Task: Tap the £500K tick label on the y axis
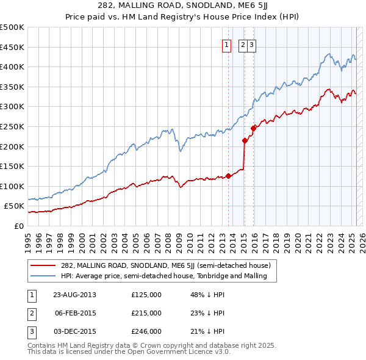(12, 27)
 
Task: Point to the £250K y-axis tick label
(12, 126)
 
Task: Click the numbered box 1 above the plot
(226, 44)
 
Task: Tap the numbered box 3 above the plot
(251, 44)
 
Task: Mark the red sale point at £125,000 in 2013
(228, 176)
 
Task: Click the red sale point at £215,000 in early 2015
(245, 140)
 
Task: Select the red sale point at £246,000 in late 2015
(253, 128)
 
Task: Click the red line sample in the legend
(43, 265)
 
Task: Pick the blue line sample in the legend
(43, 276)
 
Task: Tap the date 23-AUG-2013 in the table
(75, 295)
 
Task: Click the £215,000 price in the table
(146, 313)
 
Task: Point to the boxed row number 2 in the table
(31, 313)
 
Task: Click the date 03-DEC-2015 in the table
(75, 331)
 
